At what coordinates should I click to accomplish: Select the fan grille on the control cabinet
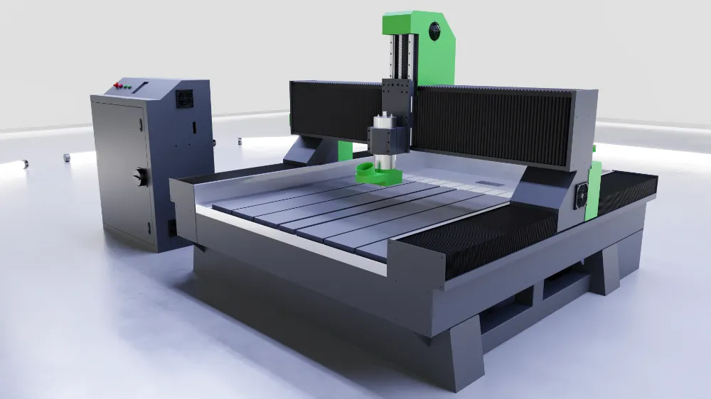[184, 98]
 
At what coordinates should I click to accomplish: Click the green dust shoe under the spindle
[377, 173]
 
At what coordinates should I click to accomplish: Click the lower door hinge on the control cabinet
[149, 227]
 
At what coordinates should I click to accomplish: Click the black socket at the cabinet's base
[171, 227]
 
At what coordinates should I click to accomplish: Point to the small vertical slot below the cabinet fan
[191, 128]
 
